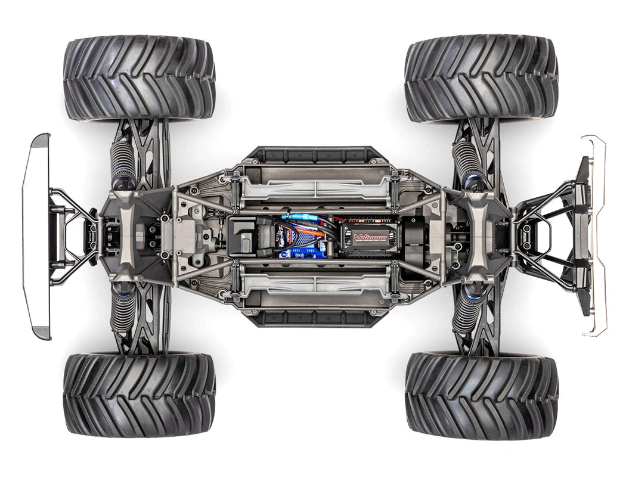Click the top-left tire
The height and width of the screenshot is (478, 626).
tap(139, 77)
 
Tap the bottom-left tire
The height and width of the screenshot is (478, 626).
tap(139, 395)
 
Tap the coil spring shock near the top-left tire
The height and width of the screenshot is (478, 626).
tap(123, 164)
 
